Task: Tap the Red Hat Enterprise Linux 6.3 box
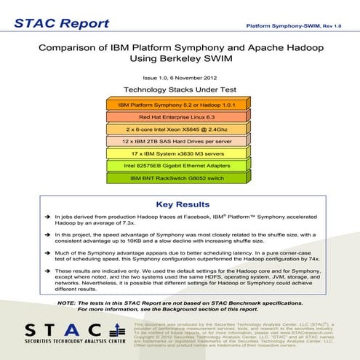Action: tap(180, 117)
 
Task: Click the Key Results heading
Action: tap(180, 204)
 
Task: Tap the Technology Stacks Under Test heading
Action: tap(180, 89)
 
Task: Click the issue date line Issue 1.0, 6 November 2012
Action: tap(180, 77)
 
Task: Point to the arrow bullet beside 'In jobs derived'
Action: tap(47, 217)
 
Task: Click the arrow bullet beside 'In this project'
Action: tap(47, 235)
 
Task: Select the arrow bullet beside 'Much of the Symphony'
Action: tap(47, 252)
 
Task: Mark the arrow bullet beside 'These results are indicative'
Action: tap(47, 270)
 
